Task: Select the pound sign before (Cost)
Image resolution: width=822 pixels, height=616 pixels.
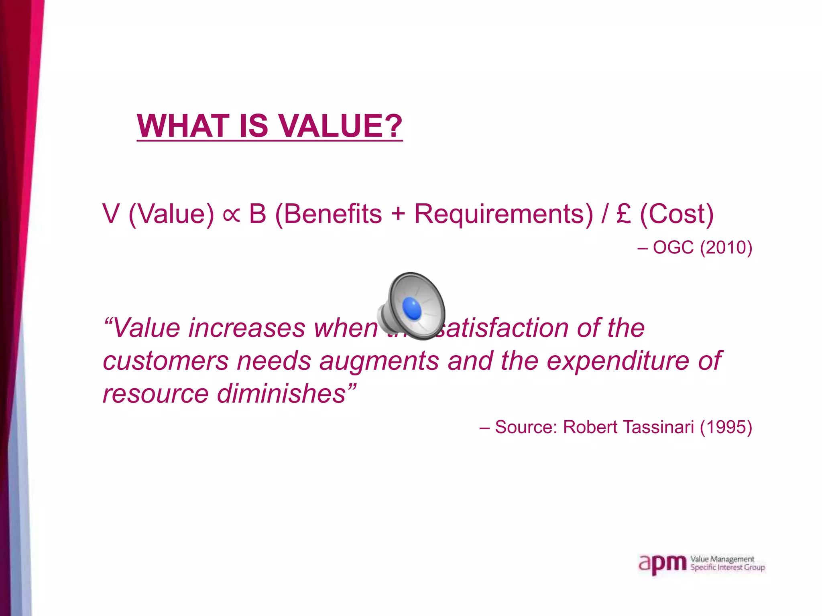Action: pos(624,214)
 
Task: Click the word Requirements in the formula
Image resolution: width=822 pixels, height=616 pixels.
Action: pos(503,214)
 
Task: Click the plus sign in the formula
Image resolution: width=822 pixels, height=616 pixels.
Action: pos(398,214)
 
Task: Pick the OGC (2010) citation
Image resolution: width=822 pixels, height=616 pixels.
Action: pos(702,247)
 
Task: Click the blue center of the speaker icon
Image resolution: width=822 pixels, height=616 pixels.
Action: pos(412,308)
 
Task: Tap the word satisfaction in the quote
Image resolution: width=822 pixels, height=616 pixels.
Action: pos(502,328)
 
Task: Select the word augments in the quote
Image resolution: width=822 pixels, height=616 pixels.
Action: pos(379,361)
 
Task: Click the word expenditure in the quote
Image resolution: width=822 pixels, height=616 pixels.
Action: pos(618,361)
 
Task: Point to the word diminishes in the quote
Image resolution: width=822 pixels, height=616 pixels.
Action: pos(281,393)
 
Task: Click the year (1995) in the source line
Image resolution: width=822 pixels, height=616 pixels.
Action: pos(726,427)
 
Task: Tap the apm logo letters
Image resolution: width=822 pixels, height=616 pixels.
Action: pos(662,565)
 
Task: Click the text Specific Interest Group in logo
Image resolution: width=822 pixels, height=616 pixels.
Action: pos(727,567)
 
